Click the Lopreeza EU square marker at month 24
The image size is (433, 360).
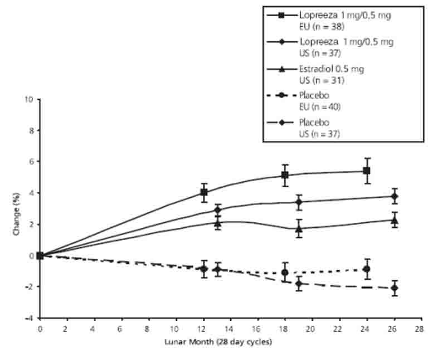[x=366, y=171]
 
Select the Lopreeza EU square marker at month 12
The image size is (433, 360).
[x=204, y=192]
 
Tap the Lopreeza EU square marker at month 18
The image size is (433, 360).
[x=285, y=176]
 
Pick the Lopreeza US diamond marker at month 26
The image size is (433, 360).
[x=395, y=196]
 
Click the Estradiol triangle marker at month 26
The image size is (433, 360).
[x=395, y=220]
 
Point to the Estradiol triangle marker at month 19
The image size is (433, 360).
[x=299, y=228]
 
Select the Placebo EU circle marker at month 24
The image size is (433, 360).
[x=366, y=269]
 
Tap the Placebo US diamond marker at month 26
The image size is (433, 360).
[x=395, y=288]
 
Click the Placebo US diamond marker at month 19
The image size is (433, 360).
[x=299, y=284]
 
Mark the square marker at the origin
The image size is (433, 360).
[x=40, y=256]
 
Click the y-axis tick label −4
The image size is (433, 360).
[x=29, y=318]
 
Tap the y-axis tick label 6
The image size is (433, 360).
[x=31, y=162]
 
